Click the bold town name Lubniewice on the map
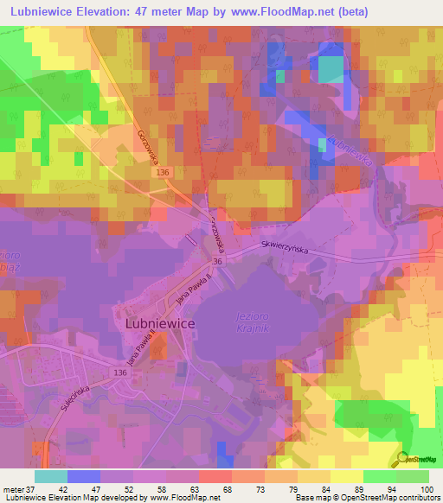coord(160,322)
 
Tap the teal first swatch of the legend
coord(50,476)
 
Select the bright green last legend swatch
coord(412,476)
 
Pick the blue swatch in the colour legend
coord(83,476)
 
